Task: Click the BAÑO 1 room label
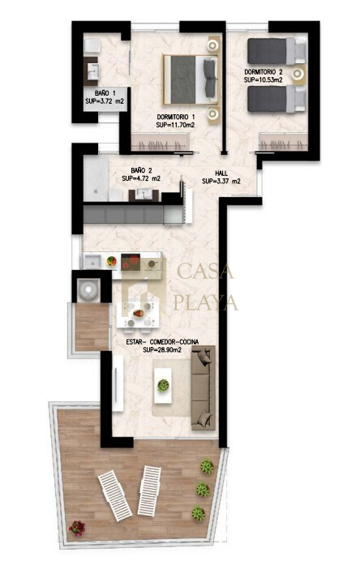click(x=105, y=93)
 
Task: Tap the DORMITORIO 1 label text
click(x=176, y=117)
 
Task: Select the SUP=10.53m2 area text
click(x=264, y=79)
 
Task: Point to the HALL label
click(x=221, y=173)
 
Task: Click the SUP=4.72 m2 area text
click(x=141, y=178)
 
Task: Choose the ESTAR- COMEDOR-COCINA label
click(x=162, y=342)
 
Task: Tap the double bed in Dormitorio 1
click(x=191, y=79)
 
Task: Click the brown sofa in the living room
click(x=204, y=388)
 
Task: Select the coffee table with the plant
click(x=163, y=385)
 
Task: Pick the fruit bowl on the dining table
click(x=139, y=314)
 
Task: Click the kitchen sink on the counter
click(x=92, y=262)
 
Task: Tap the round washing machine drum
click(x=88, y=289)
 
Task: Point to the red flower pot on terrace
click(x=77, y=528)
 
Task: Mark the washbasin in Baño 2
click(x=144, y=195)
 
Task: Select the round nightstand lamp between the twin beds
click(x=298, y=75)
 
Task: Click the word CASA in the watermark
click(x=205, y=272)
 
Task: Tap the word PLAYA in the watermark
click(x=206, y=302)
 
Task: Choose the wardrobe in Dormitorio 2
click(x=283, y=142)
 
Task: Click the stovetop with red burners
click(x=131, y=262)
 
